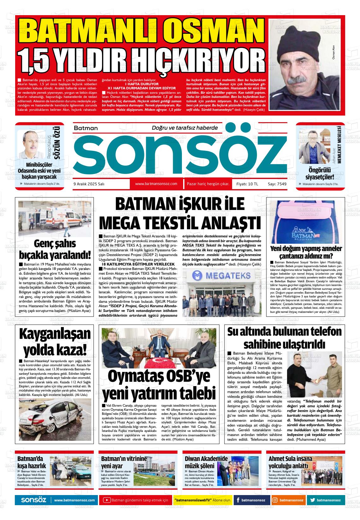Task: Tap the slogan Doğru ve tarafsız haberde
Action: tap(185, 128)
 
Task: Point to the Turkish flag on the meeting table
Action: tap(159, 361)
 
